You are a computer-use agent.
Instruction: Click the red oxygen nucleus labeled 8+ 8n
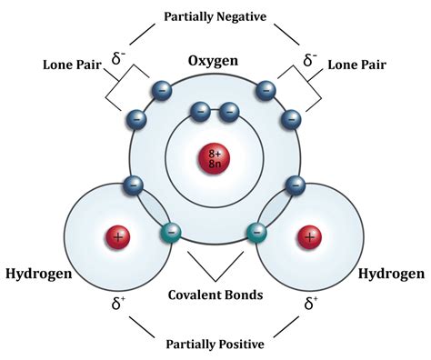(215, 160)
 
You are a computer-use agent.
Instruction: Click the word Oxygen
(213, 61)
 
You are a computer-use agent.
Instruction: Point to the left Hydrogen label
(39, 274)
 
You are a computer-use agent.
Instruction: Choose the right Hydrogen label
(390, 274)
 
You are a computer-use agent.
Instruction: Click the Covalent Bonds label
(215, 295)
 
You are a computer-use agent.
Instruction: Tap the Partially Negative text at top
(215, 16)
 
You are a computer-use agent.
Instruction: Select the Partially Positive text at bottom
(215, 344)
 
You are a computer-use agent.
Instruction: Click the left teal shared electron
(170, 233)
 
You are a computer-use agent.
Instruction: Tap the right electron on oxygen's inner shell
(229, 114)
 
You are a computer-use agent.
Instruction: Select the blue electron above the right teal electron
(295, 185)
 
